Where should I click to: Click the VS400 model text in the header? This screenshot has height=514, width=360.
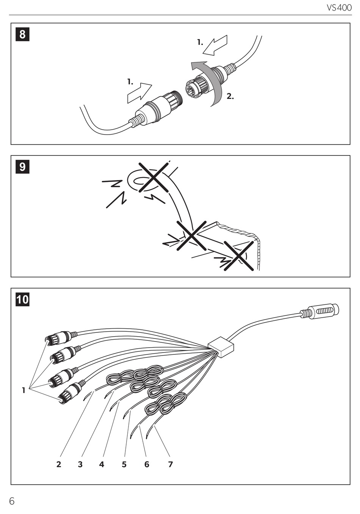point(339,8)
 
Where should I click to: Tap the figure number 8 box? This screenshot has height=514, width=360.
point(22,34)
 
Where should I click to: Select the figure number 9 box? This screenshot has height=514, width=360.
point(22,167)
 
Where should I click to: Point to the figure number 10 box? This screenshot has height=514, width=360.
point(22,299)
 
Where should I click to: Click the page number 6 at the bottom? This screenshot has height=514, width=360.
point(12,501)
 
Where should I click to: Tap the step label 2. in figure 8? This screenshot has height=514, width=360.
point(230,96)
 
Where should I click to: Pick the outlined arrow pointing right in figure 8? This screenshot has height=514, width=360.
point(139,92)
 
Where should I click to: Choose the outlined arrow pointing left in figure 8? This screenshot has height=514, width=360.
point(215,45)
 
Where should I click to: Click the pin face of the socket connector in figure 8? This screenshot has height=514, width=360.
point(191,89)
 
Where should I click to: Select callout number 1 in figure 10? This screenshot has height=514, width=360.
point(23,390)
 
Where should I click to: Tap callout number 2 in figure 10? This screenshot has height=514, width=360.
point(59,464)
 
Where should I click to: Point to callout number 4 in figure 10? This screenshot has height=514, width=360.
point(102,464)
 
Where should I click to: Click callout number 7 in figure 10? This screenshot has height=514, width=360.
point(171,464)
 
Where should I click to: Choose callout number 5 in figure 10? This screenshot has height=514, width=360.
point(124,464)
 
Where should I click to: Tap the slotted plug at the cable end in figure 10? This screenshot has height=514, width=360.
point(324,311)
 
